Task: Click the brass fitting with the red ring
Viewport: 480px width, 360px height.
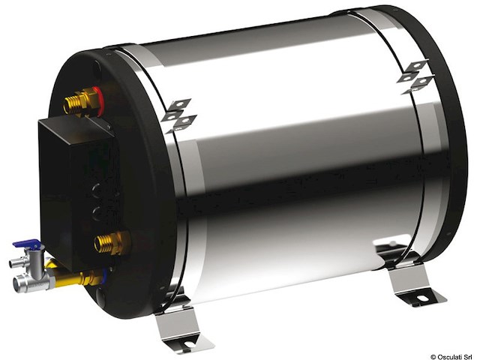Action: pos(80,101)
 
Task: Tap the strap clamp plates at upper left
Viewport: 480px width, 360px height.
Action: pos(178,113)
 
